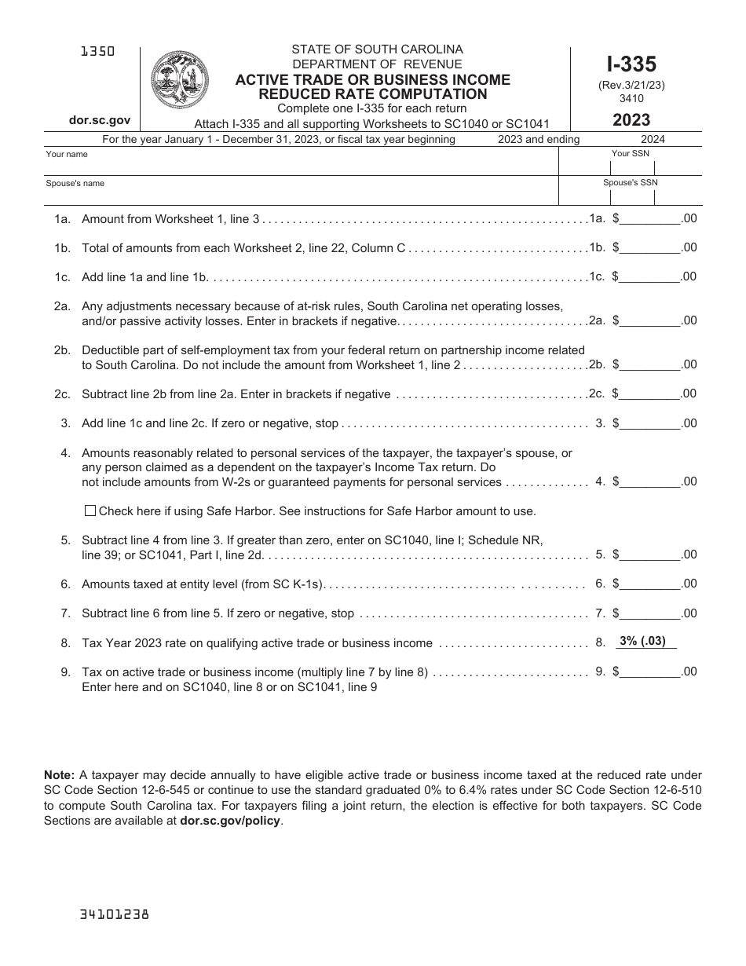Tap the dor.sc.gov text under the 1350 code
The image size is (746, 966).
[x=99, y=122]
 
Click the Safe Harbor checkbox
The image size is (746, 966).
[x=90, y=510]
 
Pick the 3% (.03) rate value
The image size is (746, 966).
[x=642, y=641]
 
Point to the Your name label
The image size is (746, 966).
[x=67, y=154]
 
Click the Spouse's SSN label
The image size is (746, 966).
[x=630, y=182]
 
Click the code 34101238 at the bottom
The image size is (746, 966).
[x=115, y=914]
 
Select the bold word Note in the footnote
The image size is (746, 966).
[x=59, y=774]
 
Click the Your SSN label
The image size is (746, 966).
[x=630, y=153]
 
